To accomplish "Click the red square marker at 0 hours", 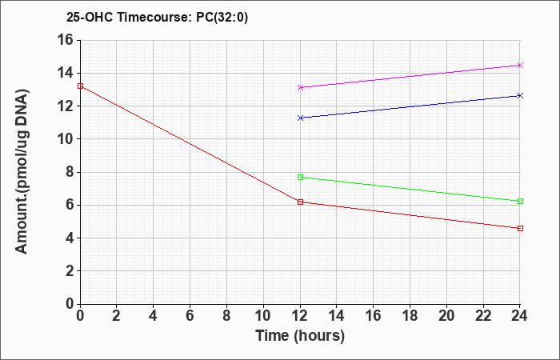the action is pos(80,86).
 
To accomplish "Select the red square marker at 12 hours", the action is pos(300,202).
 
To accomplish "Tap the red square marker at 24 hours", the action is pos(520,228).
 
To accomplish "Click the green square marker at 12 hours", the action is pos(300,177).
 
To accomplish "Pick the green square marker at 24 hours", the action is pos(520,202).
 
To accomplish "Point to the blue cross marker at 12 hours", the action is pos(300,118).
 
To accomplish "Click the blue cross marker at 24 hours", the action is pos(520,96).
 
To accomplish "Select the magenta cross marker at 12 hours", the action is pos(300,87).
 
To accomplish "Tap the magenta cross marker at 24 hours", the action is pos(520,65).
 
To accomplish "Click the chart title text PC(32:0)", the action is pos(222,17).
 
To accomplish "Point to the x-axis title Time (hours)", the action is pos(300,336).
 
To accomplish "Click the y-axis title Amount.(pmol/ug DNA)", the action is pos(22,172).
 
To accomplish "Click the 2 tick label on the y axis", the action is pos(70,271).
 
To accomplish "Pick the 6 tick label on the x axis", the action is pos(190,316).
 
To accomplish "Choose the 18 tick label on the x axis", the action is pos(410,316).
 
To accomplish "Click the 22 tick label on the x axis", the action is pos(483,316).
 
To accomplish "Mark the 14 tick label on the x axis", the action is pos(337,316).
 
